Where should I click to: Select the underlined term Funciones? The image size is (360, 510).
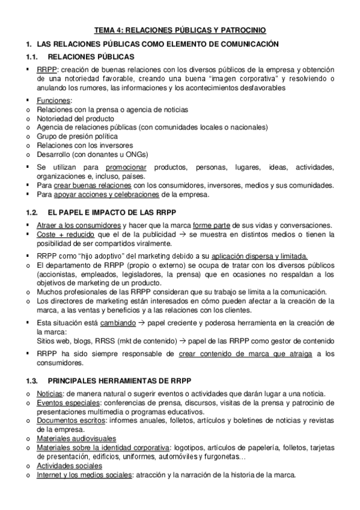(53, 100)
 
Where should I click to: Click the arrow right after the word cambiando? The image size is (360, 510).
(142, 323)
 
